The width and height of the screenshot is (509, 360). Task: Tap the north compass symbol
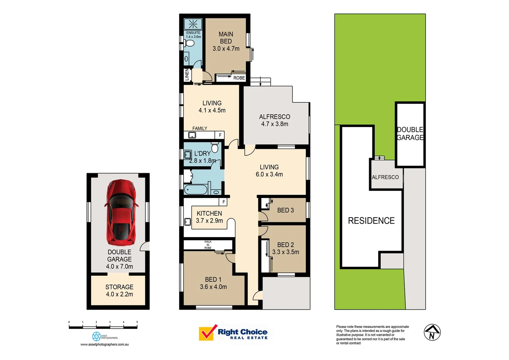click(x=432, y=332)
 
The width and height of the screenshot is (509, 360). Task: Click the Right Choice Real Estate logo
click(x=233, y=333)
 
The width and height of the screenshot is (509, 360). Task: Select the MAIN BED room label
click(x=226, y=41)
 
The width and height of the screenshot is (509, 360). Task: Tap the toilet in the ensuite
click(x=190, y=43)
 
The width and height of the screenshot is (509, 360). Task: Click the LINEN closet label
click(x=187, y=74)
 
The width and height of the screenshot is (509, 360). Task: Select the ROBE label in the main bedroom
click(x=239, y=78)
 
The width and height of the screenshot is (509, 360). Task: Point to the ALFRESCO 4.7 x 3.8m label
click(x=274, y=120)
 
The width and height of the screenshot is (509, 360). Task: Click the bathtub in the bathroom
click(x=196, y=190)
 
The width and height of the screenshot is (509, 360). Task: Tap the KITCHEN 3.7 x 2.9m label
click(x=209, y=217)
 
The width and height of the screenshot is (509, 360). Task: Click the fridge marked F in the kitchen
click(x=224, y=202)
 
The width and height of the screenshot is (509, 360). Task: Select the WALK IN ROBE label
click(x=208, y=245)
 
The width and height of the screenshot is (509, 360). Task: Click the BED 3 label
click(x=285, y=210)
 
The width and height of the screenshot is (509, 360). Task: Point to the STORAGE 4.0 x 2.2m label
click(x=119, y=291)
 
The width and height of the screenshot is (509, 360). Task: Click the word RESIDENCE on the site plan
click(x=371, y=221)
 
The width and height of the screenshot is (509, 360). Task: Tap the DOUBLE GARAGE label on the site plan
click(x=410, y=134)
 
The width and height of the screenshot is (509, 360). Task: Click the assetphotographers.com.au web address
click(x=104, y=344)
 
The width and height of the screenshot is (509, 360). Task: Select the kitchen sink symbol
click(x=188, y=221)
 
